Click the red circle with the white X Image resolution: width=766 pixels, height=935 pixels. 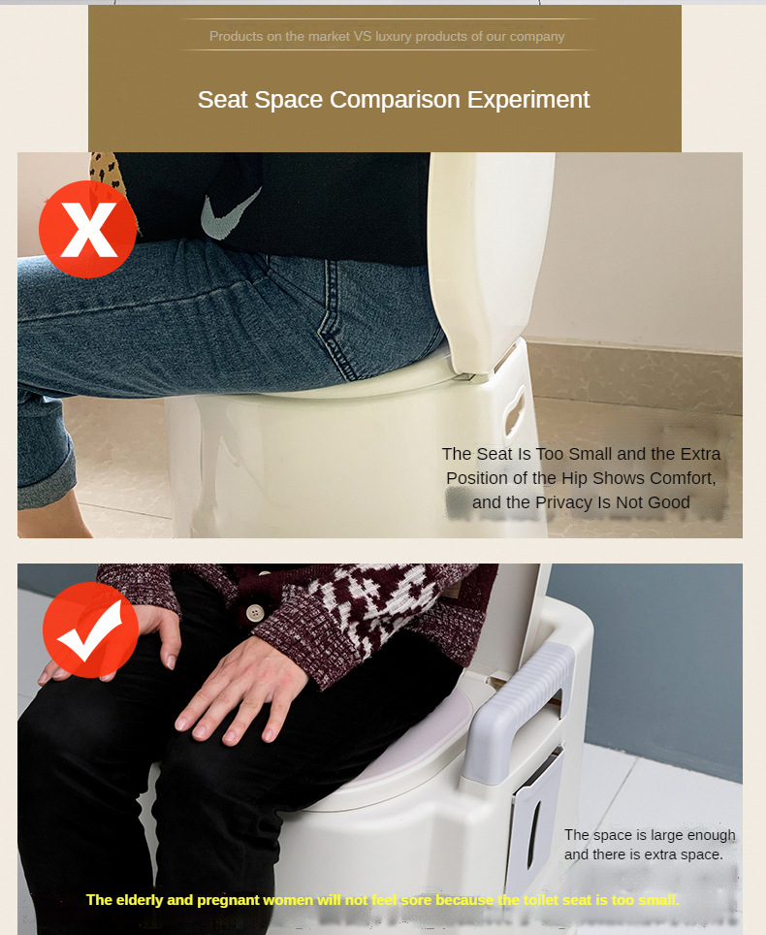click(x=87, y=229)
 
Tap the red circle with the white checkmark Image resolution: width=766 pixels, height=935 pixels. click(x=90, y=630)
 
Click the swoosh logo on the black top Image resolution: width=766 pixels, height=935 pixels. click(x=230, y=213)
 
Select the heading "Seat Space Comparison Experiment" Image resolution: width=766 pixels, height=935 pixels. click(x=394, y=100)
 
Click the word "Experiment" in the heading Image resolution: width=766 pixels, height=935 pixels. click(x=528, y=100)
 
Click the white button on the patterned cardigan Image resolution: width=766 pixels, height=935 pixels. click(x=255, y=612)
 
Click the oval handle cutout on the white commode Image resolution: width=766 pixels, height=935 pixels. click(x=514, y=410)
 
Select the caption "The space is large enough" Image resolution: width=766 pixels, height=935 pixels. click(x=650, y=835)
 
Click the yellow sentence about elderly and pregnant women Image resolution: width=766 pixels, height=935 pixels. click(x=383, y=899)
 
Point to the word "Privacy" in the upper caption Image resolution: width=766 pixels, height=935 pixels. click(x=563, y=502)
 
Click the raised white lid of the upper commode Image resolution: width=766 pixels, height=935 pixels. click(x=489, y=263)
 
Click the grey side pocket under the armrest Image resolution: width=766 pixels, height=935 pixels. click(x=535, y=799)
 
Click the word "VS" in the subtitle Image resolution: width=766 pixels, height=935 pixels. click(x=363, y=37)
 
